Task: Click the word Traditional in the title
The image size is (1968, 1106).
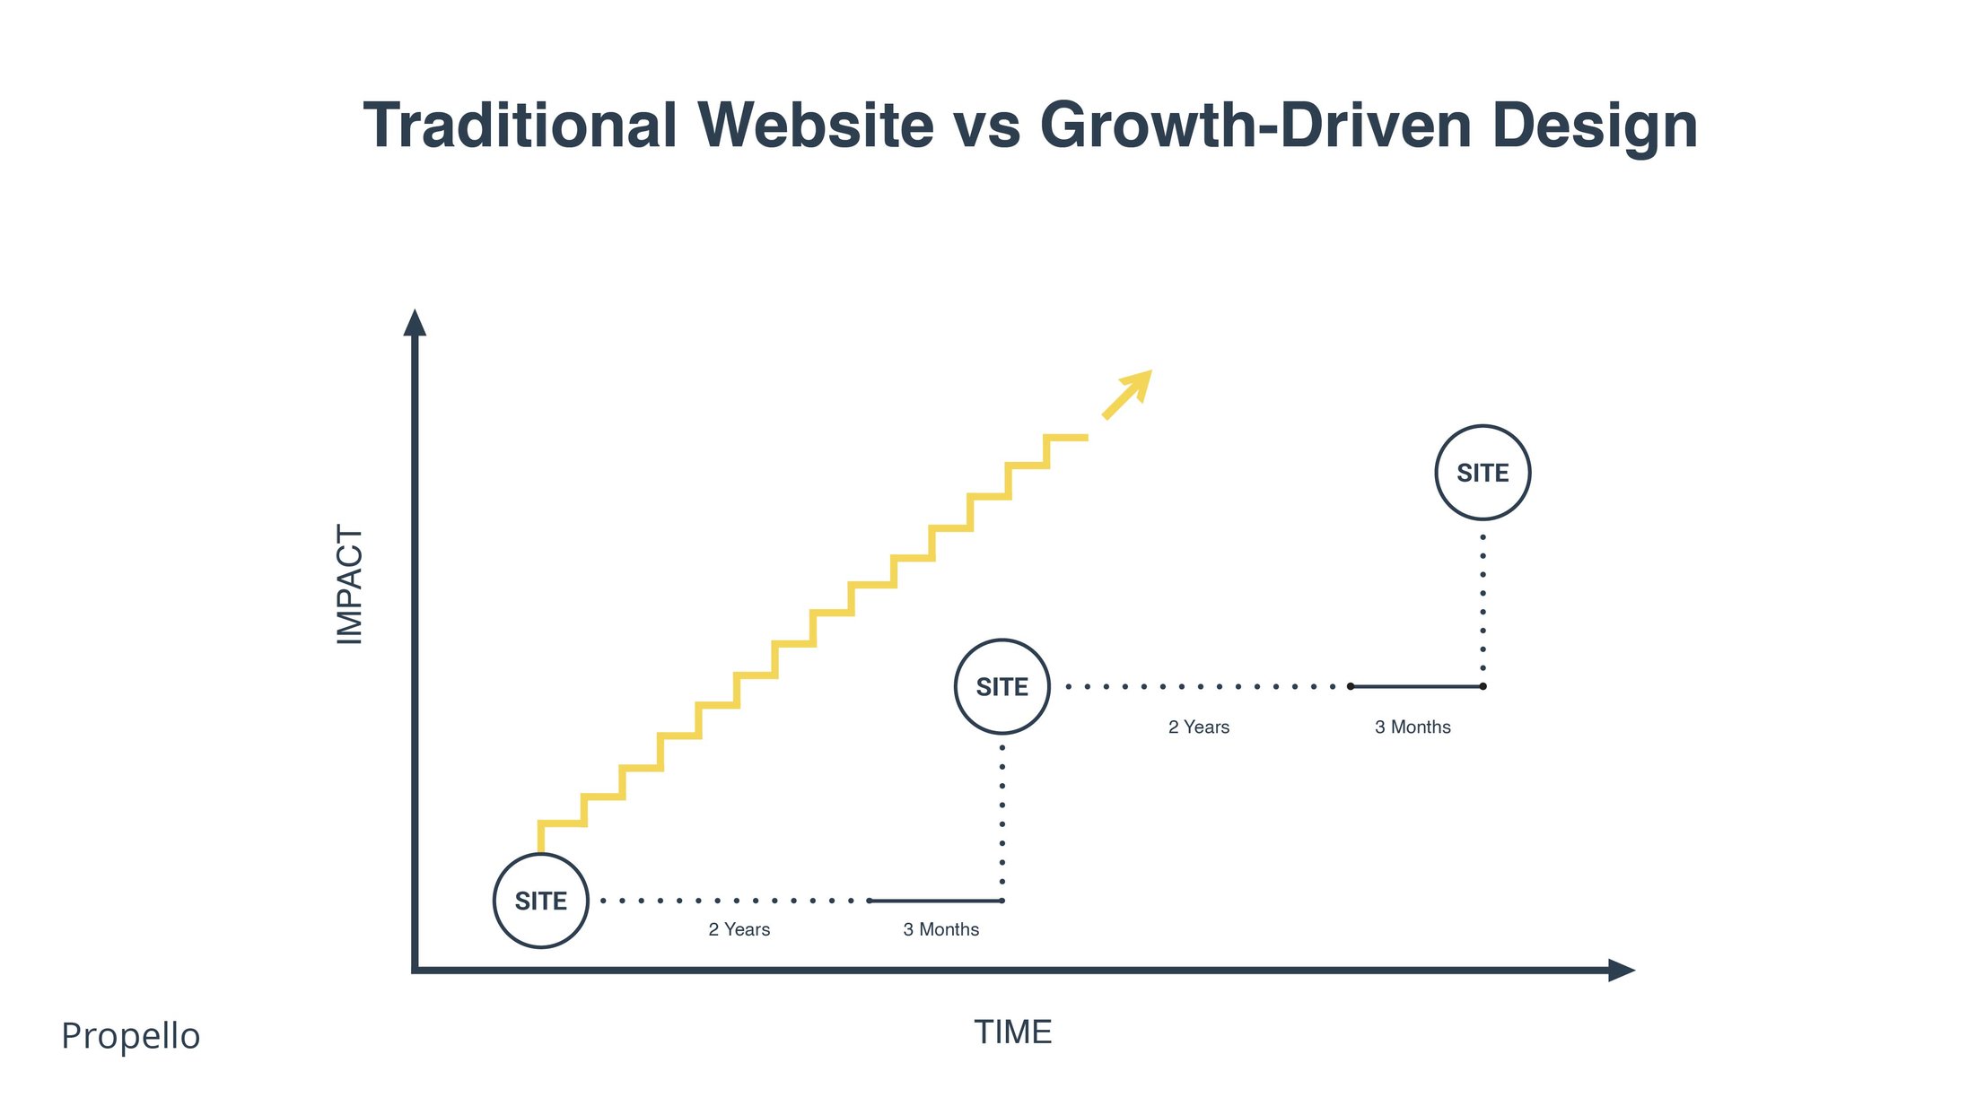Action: tap(520, 126)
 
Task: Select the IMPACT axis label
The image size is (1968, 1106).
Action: tap(349, 584)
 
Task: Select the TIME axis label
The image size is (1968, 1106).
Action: tap(1012, 1032)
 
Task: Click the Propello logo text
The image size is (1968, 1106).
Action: tap(131, 1035)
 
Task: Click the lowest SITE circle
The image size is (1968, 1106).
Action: tap(541, 901)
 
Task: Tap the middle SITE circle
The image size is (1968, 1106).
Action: tap(1001, 687)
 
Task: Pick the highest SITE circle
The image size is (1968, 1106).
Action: tap(1483, 473)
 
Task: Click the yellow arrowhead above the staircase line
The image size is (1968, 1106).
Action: tap(1137, 385)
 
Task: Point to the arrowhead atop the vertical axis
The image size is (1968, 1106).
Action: tap(415, 323)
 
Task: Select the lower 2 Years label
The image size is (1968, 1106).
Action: tap(739, 929)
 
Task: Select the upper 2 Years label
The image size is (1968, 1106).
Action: tap(1198, 727)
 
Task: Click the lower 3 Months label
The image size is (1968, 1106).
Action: tap(940, 929)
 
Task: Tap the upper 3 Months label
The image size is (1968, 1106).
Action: tap(1413, 727)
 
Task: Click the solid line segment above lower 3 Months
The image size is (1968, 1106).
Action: tap(936, 901)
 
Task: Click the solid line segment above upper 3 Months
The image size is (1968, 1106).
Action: tap(1416, 686)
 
